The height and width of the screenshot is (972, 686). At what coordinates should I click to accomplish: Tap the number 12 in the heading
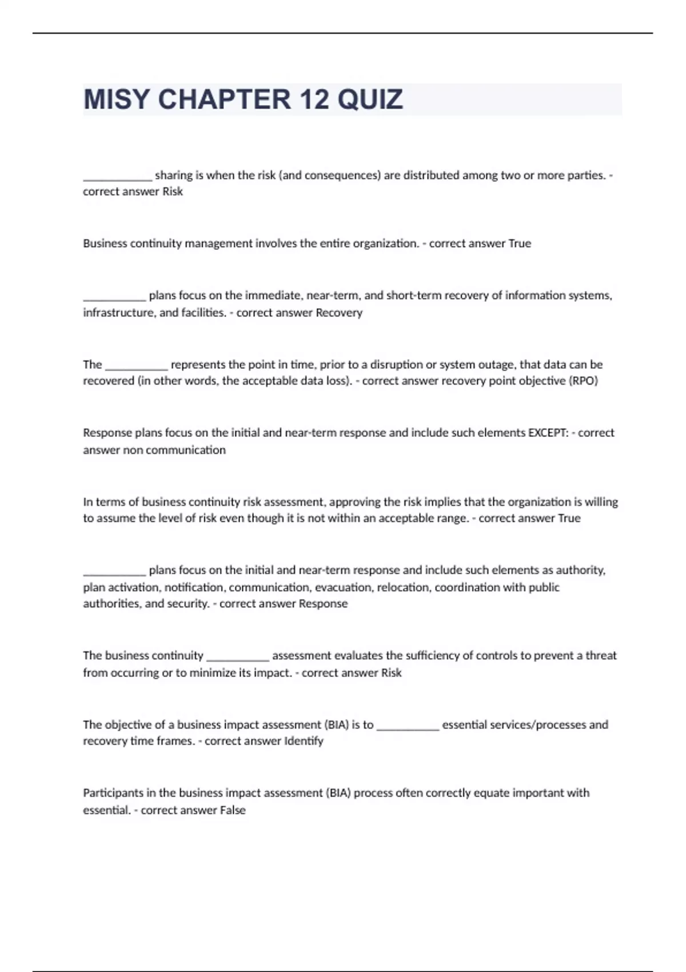(313, 99)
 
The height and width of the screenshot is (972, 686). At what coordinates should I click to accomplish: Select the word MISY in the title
(116, 99)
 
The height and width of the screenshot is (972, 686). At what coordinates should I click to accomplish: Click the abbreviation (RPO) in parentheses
(583, 381)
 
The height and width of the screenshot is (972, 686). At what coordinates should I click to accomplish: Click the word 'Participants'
(112, 793)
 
